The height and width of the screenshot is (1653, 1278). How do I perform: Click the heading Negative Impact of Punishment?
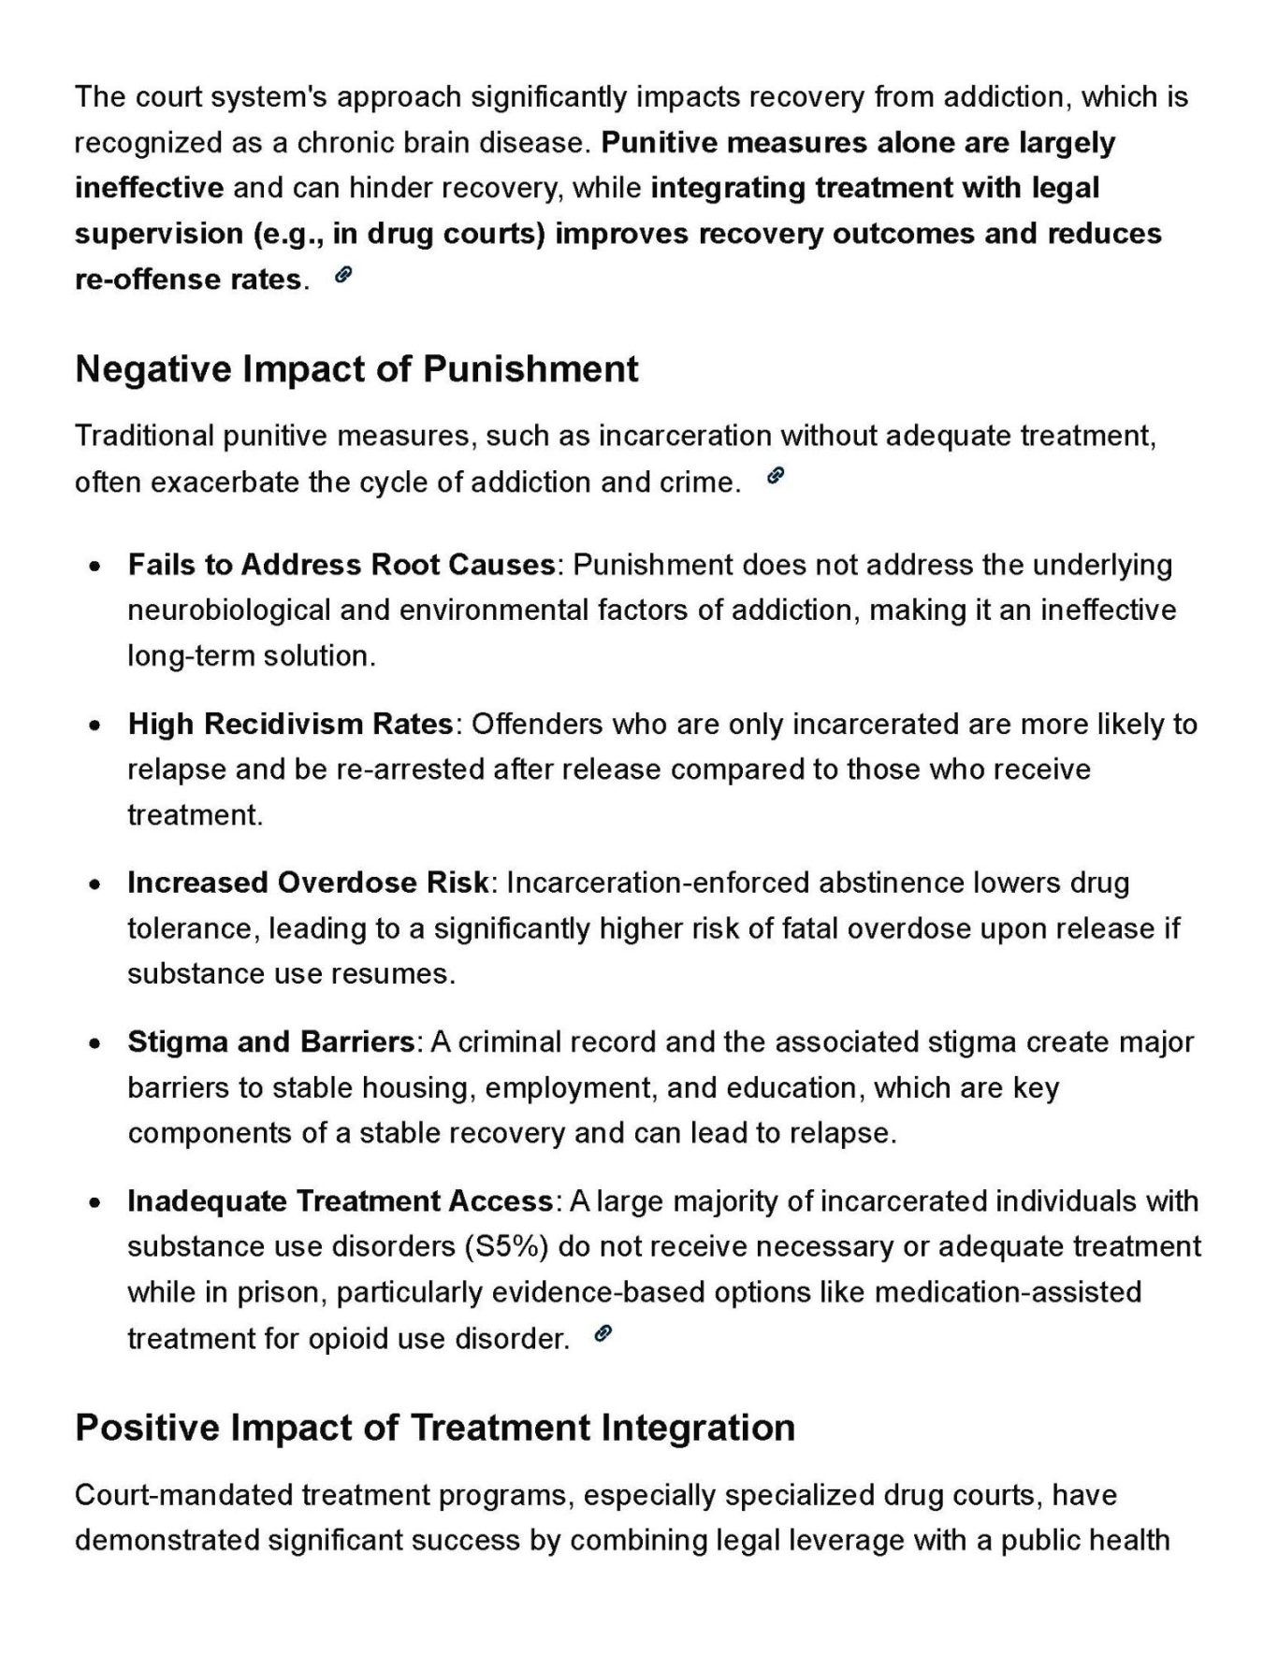(x=356, y=369)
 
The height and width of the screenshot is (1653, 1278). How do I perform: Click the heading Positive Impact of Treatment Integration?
(x=435, y=1428)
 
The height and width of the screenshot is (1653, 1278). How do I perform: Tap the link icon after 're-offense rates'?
(x=343, y=275)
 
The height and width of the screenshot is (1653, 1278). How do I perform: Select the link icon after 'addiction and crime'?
(x=776, y=477)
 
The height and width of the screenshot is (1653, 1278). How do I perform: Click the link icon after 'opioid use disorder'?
(x=603, y=1334)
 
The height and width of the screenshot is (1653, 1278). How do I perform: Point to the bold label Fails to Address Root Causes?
(x=341, y=565)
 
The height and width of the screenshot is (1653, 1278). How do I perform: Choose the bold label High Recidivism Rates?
(x=290, y=724)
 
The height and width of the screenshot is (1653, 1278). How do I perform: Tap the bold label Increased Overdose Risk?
(x=308, y=883)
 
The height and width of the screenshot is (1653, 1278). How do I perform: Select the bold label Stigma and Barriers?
(x=270, y=1042)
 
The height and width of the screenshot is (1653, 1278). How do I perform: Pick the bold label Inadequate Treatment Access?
(x=341, y=1200)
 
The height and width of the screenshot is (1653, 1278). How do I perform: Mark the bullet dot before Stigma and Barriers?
(x=94, y=1043)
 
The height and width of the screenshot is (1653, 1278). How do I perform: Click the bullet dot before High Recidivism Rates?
(x=94, y=726)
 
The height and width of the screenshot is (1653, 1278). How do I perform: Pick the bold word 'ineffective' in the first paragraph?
(x=149, y=188)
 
